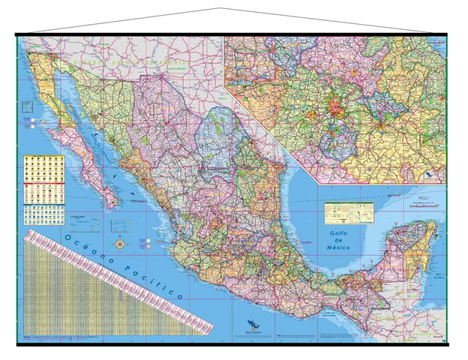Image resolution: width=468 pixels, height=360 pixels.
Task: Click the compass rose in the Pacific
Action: (x=120, y=244)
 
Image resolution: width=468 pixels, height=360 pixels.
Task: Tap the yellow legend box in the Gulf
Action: (x=349, y=212)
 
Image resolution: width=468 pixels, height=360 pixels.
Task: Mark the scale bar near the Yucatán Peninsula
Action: (x=426, y=202)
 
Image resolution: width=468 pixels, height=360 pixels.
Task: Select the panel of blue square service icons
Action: (x=37, y=214)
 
